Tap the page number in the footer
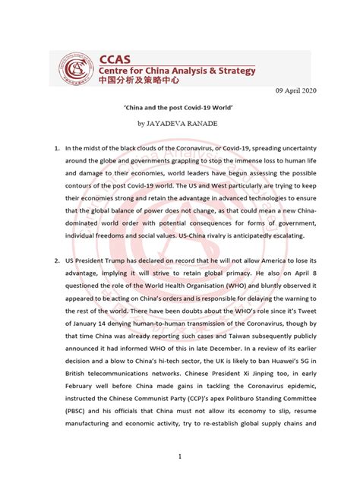pos(180,457)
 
